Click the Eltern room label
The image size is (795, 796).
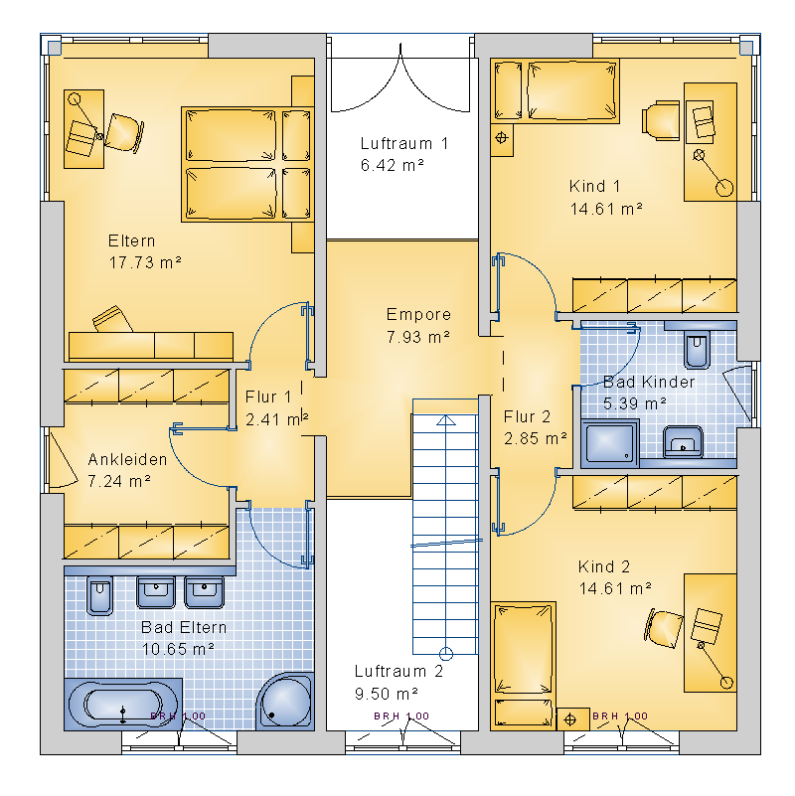(x=131, y=240)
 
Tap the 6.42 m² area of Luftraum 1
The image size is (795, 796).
(x=392, y=165)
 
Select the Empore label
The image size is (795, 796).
(x=418, y=314)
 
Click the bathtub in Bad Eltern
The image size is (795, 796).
(x=122, y=705)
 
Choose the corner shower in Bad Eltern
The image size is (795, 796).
(x=285, y=702)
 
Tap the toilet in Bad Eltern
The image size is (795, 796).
(x=99, y=595)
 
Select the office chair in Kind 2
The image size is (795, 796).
(x=664, y=628)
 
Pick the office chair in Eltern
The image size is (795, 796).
(x=123, y=133)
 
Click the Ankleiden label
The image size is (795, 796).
(x=127, y=459)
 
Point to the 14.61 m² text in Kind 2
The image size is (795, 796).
(x=615, y=588)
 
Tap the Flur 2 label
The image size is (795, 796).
(x=527, y=416)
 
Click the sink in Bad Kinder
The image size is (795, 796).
(x=683, y=441)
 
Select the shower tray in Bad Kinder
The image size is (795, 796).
(x=610, y=442)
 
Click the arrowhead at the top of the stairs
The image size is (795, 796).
(x=446, y=419)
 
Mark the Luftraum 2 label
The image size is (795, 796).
(x=398, y=671)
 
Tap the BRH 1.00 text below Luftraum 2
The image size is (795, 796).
(x=401, y=716)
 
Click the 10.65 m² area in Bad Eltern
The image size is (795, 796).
(x=178, y=649)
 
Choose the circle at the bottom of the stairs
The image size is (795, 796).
(x=446, y=654)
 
